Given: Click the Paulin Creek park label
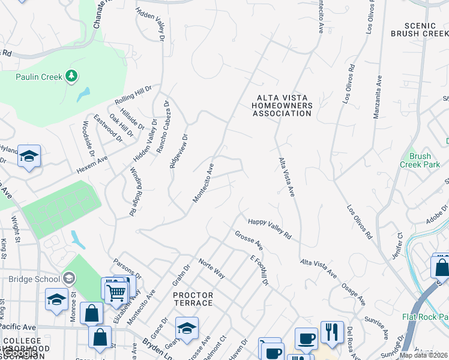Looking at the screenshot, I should pos(39,77).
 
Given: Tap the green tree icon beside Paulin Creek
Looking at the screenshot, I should pos(71,76).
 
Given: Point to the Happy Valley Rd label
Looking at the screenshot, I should pos(270,229).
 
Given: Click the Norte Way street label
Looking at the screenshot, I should pos(211,269).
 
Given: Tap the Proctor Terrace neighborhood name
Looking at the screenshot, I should pos(193,299).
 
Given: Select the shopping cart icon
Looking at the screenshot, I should pos(115,292).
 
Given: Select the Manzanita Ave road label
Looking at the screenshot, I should pos(378,97).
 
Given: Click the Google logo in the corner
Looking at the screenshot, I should pos(19,353).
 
